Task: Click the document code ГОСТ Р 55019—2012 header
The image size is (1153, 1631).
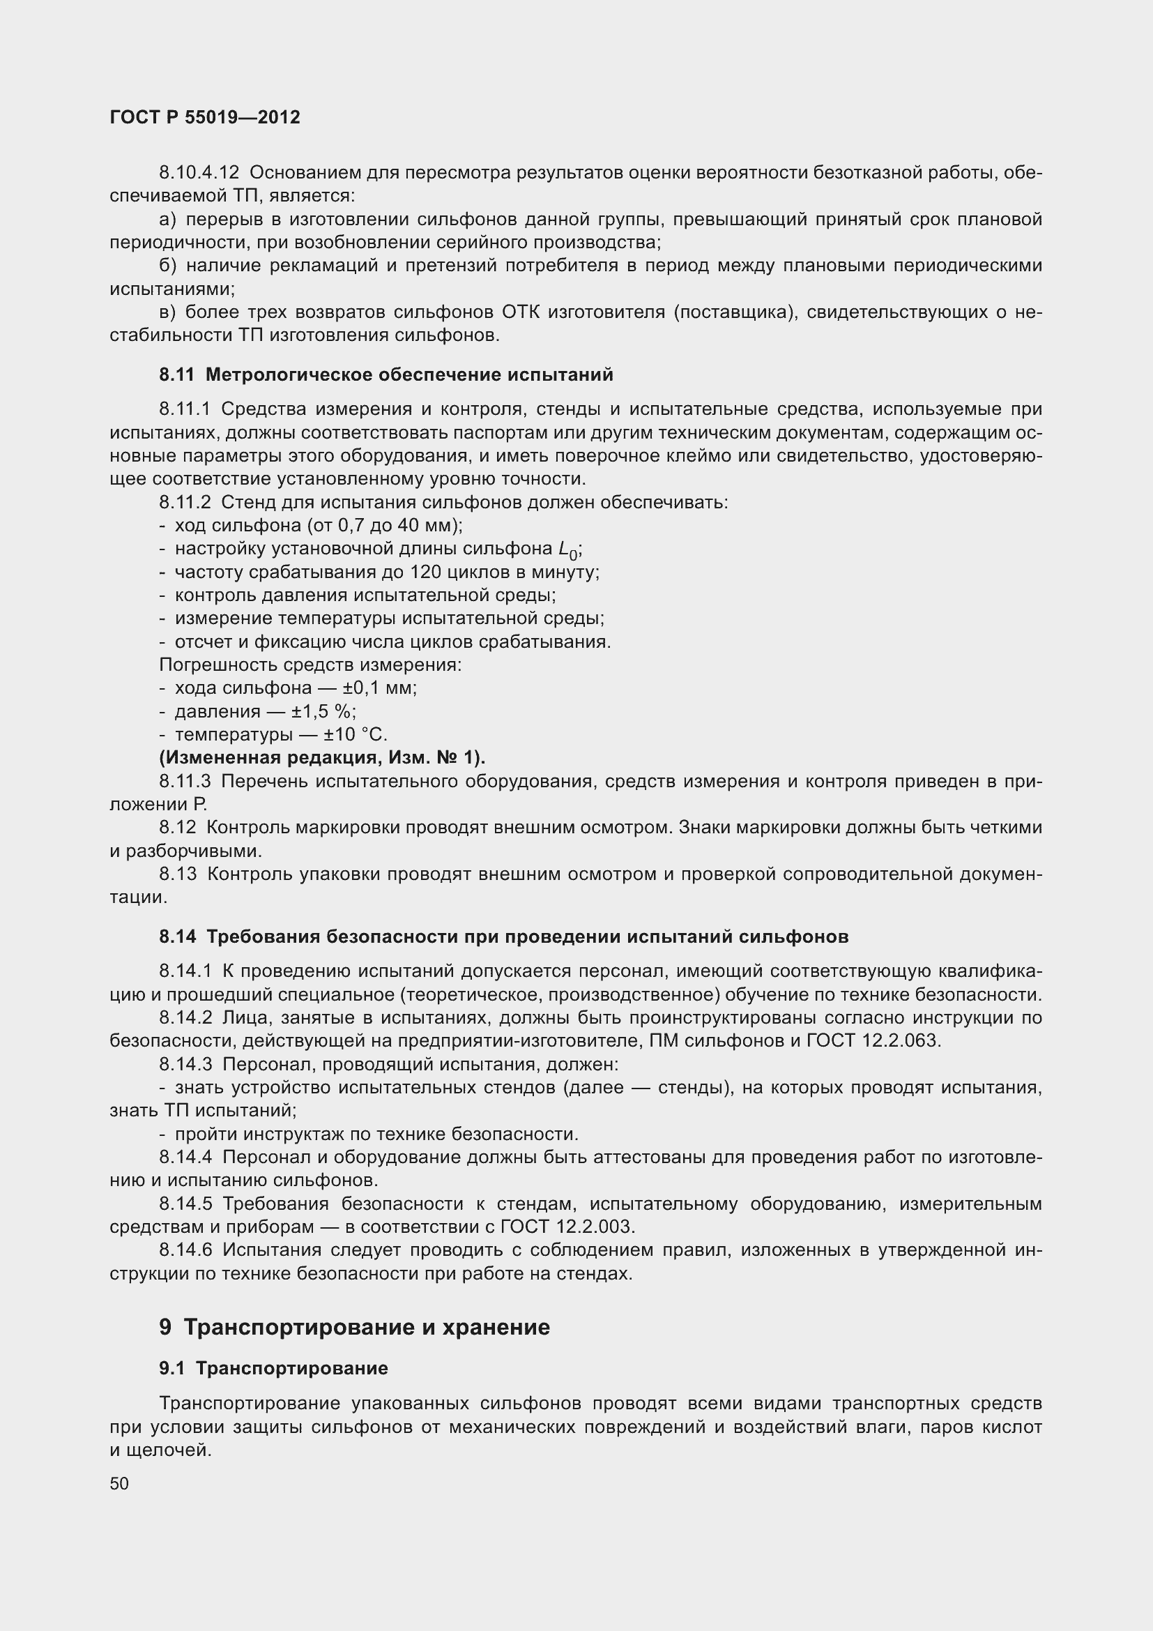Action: tap(205, 117)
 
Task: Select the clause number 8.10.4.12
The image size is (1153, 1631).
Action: tap(199, 173)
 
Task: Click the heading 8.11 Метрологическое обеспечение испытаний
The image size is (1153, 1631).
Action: tap(386, 375)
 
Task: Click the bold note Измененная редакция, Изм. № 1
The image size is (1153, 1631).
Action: tap(322, 758)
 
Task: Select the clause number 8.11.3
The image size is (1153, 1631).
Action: tap(185, 782)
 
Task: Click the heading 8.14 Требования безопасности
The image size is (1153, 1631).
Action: tap(503, 937)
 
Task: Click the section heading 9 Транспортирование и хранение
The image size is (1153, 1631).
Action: tap(354, 1327)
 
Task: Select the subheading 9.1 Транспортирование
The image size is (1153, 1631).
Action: tap(273, 1368)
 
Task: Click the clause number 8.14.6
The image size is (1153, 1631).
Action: tap(185, 1250)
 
